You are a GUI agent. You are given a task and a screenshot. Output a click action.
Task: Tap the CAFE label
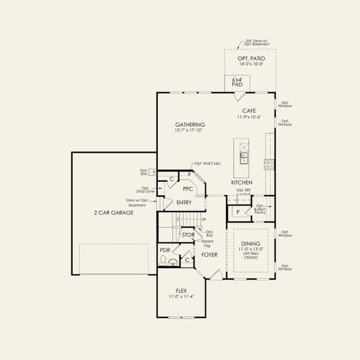[249, 111]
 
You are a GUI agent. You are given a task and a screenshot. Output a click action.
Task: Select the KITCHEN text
[242, 182]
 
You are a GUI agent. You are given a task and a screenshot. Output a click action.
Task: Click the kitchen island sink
[244, 158]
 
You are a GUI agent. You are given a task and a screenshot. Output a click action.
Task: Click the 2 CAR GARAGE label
[113, 212]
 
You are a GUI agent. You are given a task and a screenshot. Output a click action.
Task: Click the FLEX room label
[181, 290]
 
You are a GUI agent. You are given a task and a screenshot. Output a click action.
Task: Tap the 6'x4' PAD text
[238, 82]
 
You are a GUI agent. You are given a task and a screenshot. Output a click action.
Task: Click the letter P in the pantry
[238, 212]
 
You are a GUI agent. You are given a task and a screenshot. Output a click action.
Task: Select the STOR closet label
[188, 235]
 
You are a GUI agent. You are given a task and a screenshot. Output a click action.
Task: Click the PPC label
[188, 188]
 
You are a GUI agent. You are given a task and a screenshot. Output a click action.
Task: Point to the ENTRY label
[184, 203]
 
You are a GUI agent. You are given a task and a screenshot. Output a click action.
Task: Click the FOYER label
[209, 255]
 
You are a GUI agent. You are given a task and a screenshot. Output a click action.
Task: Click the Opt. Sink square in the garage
[152, 172]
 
